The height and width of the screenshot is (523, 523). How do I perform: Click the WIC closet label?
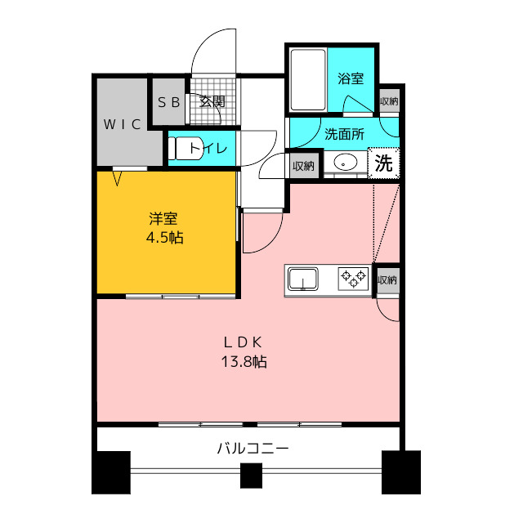pyautogui.click(x=122, y=124)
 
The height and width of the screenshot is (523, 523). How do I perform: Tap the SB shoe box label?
pyautogui.click(x=169, y=102)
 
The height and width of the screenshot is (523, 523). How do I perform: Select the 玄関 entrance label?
pyautogui.click(x=212, y=101)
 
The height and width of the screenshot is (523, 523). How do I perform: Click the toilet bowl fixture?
pyautogui.click(x=186, y=148)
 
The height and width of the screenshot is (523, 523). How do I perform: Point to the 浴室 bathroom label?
pyautogui.click(x=351, y=78)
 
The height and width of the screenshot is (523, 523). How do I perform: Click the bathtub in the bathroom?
pyautogui.click(x=308, y=79)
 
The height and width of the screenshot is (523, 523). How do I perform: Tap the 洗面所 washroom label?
pyautogui.click(x=344, y=134)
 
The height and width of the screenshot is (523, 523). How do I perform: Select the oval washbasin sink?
pyautogui.click(x=346, y=163)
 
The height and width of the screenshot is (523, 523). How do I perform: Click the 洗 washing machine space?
pyautogui.click(x=383, y=163)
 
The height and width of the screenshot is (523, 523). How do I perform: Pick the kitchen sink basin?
pyautogui.click(x=303, y=279)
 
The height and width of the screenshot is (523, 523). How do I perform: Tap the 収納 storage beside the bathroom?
pyautogui.click(x=389, y=101)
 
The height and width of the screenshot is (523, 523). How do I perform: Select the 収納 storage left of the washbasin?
pyautogui.click(x=303, y=166)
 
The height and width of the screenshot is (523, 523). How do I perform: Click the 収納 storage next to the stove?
pyautogui.click(x=387, y=279)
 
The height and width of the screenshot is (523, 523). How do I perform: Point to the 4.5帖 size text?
pyautogui.click(x=165, y=238)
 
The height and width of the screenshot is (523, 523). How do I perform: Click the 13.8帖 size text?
pyautogui.click(x=244, y=361)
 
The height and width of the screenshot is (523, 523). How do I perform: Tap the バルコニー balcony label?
pyautogui.click(x=253, y=448)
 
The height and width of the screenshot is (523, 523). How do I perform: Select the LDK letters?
pyautogui.click(x=243, y=342)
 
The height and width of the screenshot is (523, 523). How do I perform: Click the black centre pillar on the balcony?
pyautogui.click(x=251, y=476)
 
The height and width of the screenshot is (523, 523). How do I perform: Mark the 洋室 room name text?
pyautogui.click(x=163, y=218)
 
